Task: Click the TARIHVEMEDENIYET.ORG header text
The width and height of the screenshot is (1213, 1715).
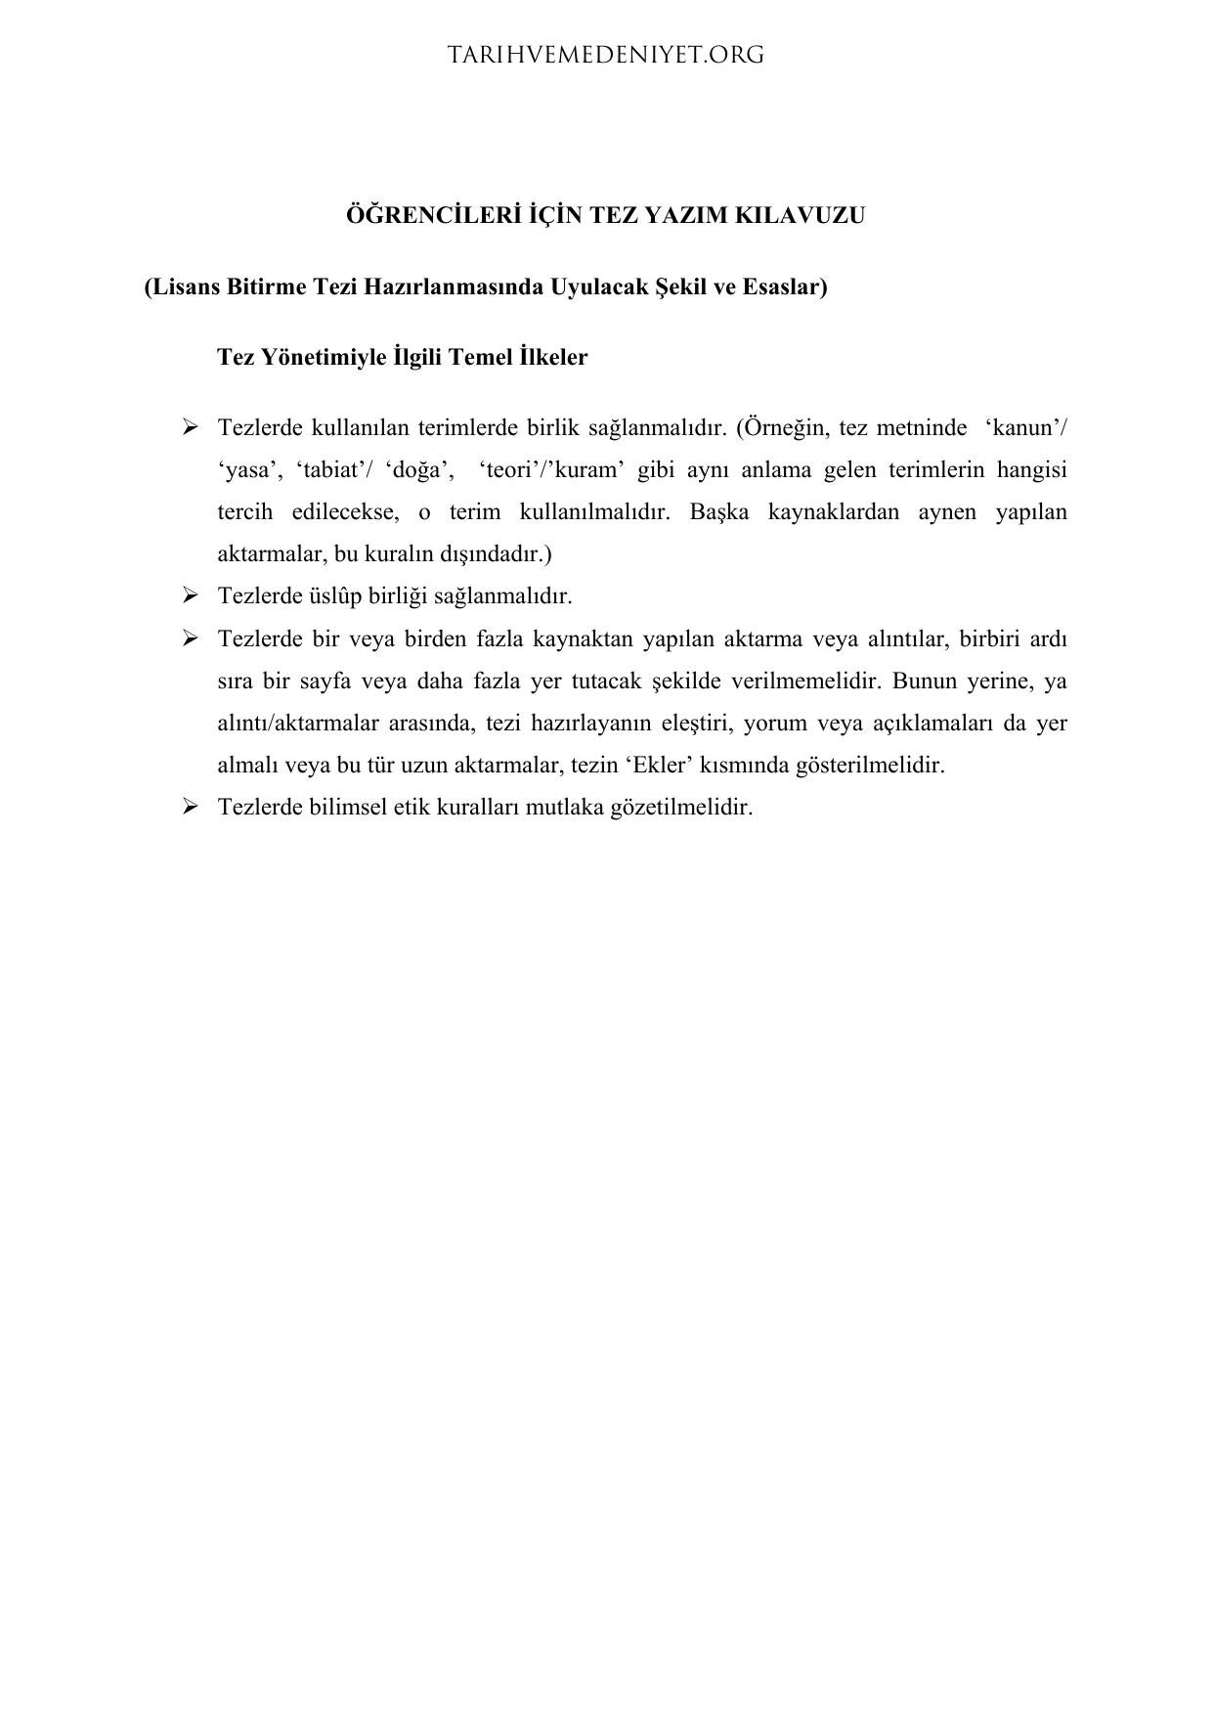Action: click(x=606, y=56)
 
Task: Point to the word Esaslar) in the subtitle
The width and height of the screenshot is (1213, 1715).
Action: click(x=785, y=287)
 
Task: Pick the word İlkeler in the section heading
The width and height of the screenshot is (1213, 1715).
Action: click(x=553, y=357)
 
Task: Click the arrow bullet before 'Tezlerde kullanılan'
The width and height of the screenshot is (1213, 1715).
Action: click(x=190, y=427)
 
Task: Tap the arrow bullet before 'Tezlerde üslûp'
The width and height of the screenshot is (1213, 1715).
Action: click(x=190, y=595)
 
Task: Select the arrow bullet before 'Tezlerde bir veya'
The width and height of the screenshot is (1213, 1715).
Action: click(x=190, y=638)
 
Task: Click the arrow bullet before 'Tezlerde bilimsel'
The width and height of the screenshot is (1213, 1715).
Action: click(x=190, y=807)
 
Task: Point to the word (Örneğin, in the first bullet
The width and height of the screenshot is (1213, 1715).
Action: click(x=781, y=428)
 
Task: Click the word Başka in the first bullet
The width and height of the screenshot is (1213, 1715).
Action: click(x=718, y=512)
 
